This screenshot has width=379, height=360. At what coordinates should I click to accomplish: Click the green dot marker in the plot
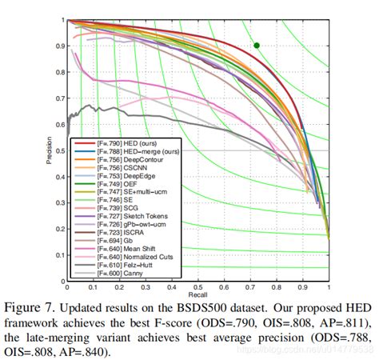click(x=257, y=46)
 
